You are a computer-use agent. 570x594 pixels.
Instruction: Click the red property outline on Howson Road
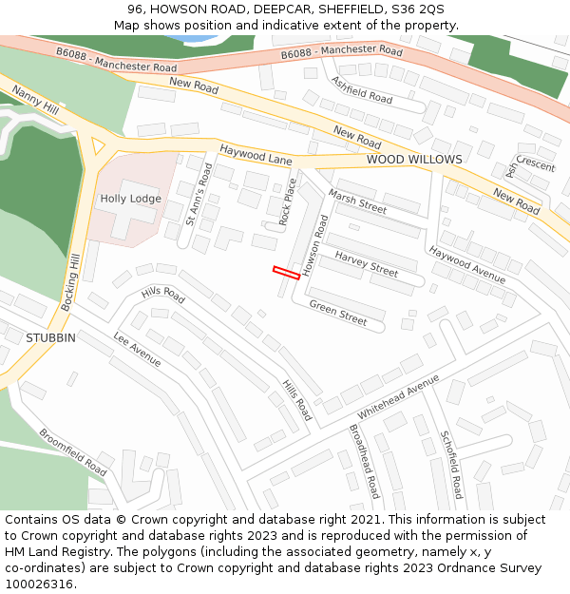[x=286, y=273]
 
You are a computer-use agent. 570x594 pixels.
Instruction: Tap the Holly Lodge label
[x=131, y=199]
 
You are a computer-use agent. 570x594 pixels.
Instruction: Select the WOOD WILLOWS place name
[x=414, y=160]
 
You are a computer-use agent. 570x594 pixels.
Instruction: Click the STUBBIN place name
[x=50, y=338]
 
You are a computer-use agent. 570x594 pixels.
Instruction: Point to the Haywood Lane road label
[x=256, y=155]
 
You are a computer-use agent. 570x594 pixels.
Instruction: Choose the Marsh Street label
[x=357, y=201]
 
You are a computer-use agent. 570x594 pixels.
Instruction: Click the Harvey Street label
[x=366, y=263]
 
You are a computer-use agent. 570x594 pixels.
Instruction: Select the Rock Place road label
[x=288, y=201]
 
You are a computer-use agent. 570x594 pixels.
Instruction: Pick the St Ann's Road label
[x=199, y=194]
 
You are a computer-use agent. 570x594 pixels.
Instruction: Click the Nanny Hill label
[x=35, y=102]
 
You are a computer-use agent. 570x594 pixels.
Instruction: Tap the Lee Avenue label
[x=138, y=349]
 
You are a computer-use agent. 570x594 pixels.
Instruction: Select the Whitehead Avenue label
[x=398, y=397]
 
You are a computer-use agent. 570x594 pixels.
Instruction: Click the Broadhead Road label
[x=364, y=461]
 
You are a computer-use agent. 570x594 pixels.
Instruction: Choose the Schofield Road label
[x=451, y=464]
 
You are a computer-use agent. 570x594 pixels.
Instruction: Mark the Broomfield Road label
[x=72, y=451]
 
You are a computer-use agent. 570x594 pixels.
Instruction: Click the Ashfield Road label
[x=361, y=90]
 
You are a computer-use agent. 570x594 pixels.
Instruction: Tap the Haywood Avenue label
[x=466, y=264]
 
